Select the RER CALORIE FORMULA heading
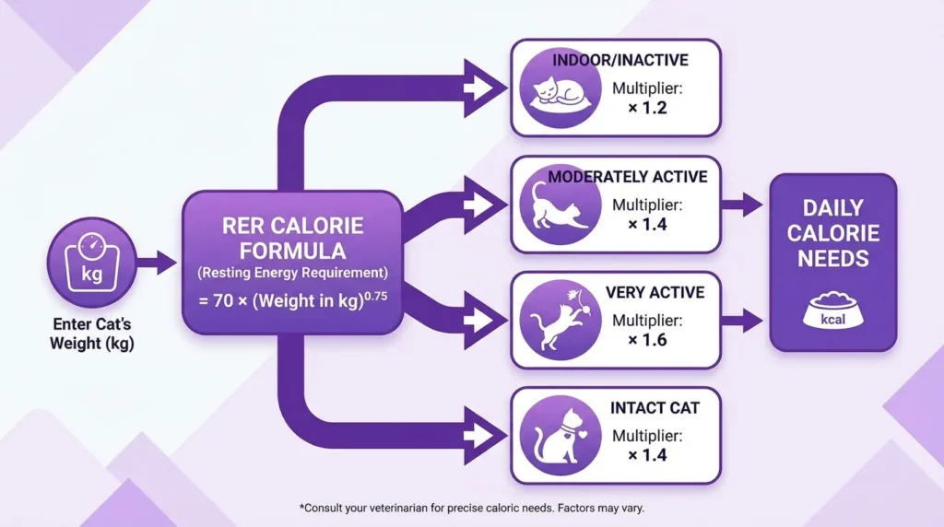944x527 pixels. pos(291,238)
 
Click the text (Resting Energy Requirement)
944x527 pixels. pos(291,273)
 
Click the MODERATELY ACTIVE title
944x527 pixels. pos(627,176)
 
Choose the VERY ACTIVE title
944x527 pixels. pos(655,292)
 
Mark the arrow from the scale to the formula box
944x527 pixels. pos(158,263)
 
